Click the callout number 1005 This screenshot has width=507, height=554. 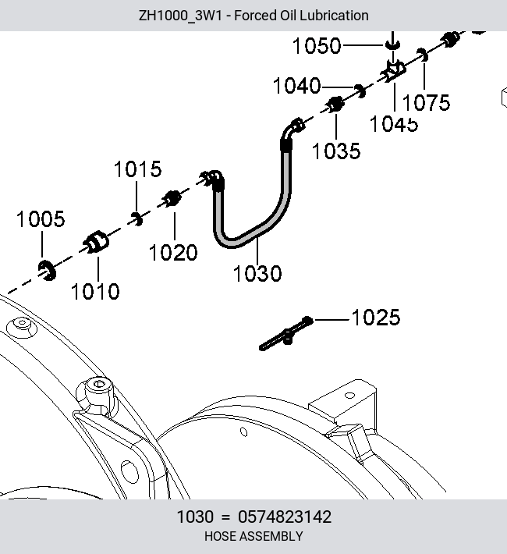(x=41, y=219)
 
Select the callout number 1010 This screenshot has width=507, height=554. (x=95, y=292)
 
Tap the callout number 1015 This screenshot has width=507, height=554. (x=138, y=169)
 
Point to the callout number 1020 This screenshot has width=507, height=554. (x=173, y=253)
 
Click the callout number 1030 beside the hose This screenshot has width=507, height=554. (x=257, y=273)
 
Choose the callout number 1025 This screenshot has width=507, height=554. (x=376, y=317)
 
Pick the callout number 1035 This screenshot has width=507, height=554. (x=336, y=151)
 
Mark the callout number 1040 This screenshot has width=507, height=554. (x=297, y=86)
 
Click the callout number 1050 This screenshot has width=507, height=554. (x=317, y=46)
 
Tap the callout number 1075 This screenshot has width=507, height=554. (x=426, y=102)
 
